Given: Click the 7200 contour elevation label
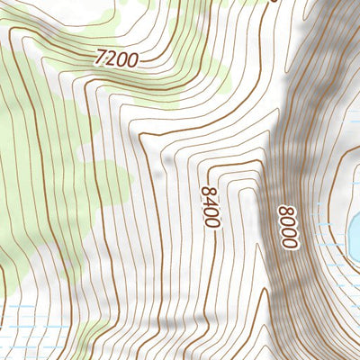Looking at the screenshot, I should click(x=116, y=59).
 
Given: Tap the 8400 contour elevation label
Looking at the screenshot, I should click(x=210, y=206).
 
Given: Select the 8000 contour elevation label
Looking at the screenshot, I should click(x=288, y=229).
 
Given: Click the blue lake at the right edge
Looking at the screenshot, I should click(x=355, y=233).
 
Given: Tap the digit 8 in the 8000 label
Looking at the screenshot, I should click(x=288, y=212).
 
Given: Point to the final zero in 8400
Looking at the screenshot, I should click(x=211, y=222).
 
